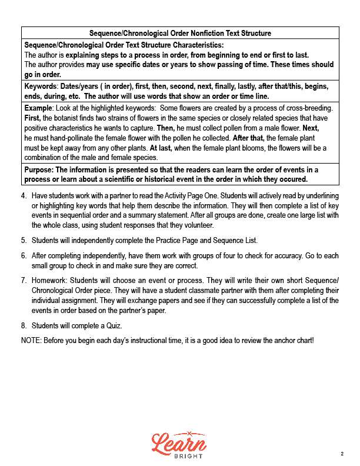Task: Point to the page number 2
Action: (x=342, y=454)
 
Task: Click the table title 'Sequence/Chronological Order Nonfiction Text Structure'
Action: (x=180, y=33)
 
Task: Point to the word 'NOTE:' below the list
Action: (x=32, y=340)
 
